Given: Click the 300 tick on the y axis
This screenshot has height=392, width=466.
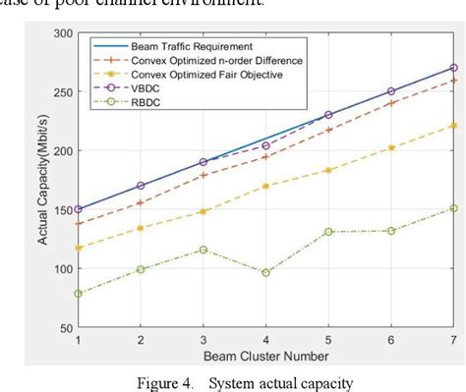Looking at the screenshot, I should coord(60,33).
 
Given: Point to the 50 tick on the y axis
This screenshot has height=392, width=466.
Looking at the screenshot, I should coord(64,327).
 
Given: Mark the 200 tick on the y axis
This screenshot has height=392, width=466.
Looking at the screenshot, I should coord(60,151).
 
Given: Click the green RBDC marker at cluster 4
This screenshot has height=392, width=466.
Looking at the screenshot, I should coord(266,272).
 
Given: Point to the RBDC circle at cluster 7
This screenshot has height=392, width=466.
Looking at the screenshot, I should coord(453,208).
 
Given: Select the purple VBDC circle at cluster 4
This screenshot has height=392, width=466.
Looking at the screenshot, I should coord(266,145).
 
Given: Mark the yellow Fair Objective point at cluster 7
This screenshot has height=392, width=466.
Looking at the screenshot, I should coord(453,126).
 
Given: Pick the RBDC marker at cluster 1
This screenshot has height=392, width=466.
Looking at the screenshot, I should coord(78,293).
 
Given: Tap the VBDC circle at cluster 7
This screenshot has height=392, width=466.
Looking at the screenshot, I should coord(453,68).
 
